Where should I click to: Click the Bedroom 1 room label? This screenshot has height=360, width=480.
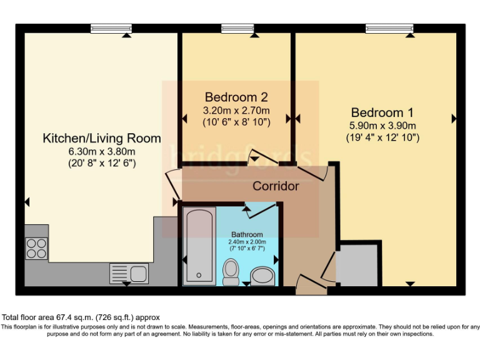[x=382, y=112]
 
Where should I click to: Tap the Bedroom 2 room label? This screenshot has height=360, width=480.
[x=236, y=97]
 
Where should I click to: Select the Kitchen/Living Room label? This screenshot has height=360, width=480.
[x=101, y=138]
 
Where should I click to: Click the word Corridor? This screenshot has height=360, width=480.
[x=276, y=186]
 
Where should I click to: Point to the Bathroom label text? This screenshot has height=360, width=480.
[x=247, y=234]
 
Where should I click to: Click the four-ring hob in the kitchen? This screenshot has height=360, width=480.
[x=36, y=249]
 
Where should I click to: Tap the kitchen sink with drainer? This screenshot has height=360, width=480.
[x=128, y=273]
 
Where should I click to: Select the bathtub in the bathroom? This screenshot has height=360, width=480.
[x=199, y=246]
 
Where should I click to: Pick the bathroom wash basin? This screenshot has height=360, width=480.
[x=262, y=276]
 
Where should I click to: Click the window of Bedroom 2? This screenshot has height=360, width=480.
[x=237, y=28]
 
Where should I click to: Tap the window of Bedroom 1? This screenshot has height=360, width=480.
[x=389, y=28]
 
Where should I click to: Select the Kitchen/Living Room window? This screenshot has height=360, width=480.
[x=111, y=28]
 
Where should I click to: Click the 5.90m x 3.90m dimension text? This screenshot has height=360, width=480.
[x=382, y=125]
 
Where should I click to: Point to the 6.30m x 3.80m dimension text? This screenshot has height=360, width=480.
[x=101, y=151]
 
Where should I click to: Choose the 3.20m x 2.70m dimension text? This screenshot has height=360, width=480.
[x=236, y=110]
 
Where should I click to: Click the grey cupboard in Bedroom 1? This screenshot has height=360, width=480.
[x=357, y=265]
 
